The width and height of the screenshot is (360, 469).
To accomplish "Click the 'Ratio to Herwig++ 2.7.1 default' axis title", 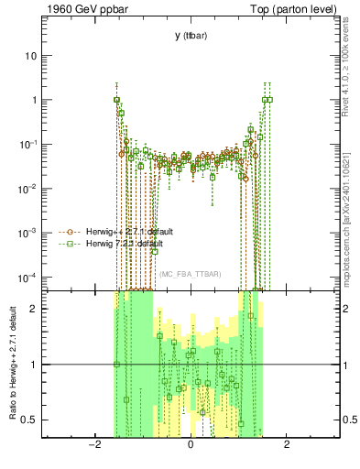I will (x=11, y=364).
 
